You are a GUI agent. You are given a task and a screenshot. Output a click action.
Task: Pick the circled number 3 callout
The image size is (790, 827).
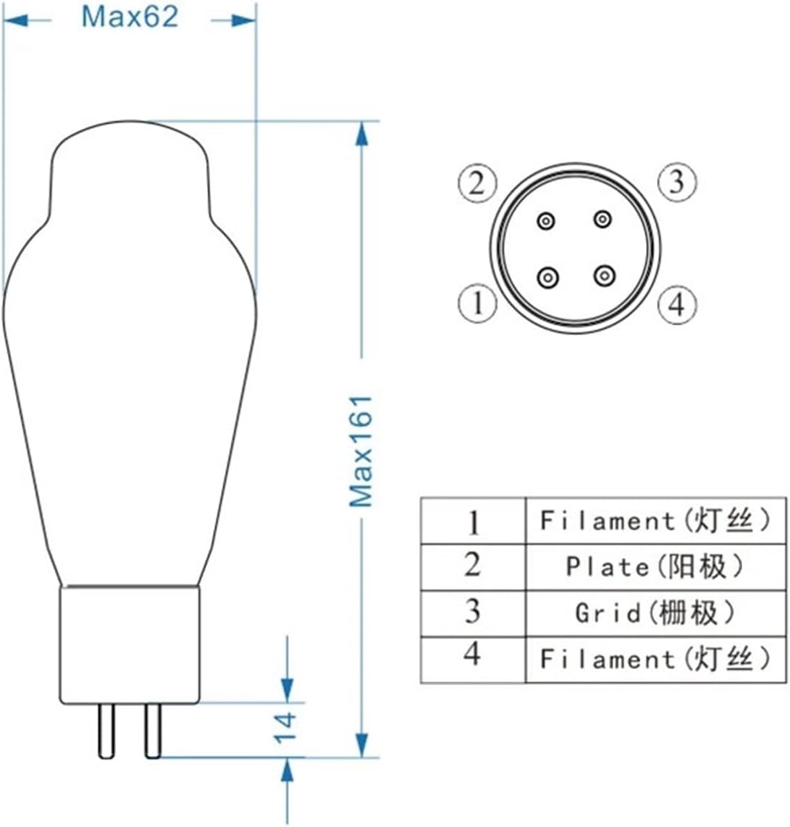tap(676, 181)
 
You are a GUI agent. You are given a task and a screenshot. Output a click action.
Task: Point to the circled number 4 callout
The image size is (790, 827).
tap(676, 304)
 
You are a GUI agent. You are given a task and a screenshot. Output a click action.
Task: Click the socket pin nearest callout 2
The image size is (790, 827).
tap(546, 220)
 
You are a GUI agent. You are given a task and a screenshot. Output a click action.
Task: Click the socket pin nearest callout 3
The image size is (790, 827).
tap(602, 219)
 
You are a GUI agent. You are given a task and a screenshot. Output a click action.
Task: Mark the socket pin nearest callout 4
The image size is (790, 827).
tap(603, 275)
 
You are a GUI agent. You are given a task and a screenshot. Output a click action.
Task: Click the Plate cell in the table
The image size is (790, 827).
tap(655, 567)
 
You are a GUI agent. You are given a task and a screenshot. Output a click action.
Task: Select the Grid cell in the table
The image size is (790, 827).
tap(655, 613)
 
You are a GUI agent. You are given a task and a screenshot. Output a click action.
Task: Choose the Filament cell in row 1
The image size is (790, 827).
tap(655, 521)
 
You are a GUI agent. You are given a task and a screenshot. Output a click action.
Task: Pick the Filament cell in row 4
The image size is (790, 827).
tap(655, 659)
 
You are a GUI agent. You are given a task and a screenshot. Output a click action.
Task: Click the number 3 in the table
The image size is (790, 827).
tap(472, 612)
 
